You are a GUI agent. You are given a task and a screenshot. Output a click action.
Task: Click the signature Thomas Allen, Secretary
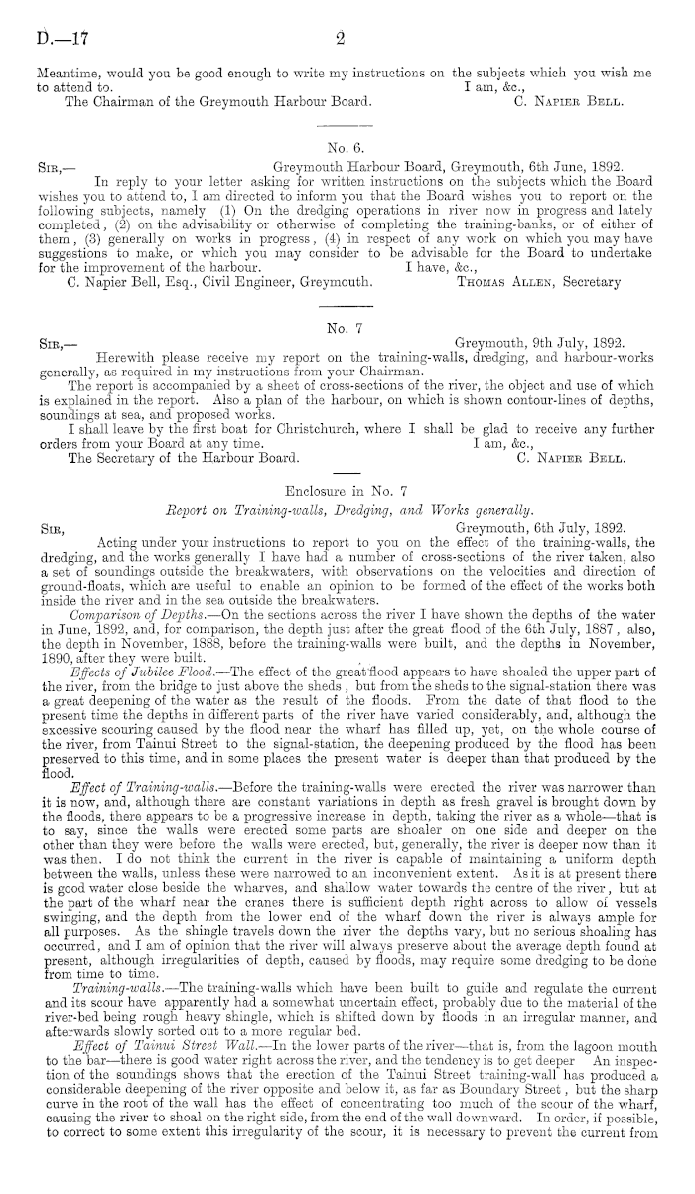click(537, 282)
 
